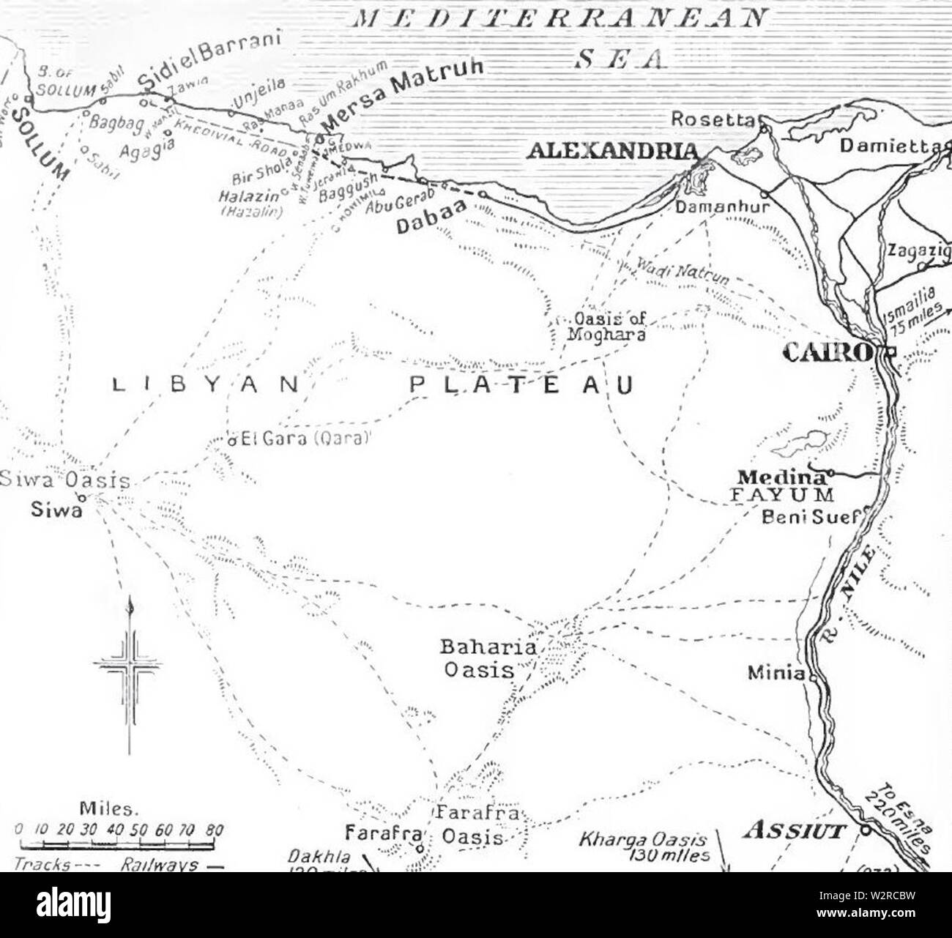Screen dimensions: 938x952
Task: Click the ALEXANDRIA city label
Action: click(612, 151)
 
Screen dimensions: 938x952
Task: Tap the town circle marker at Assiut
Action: click(864, 830)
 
